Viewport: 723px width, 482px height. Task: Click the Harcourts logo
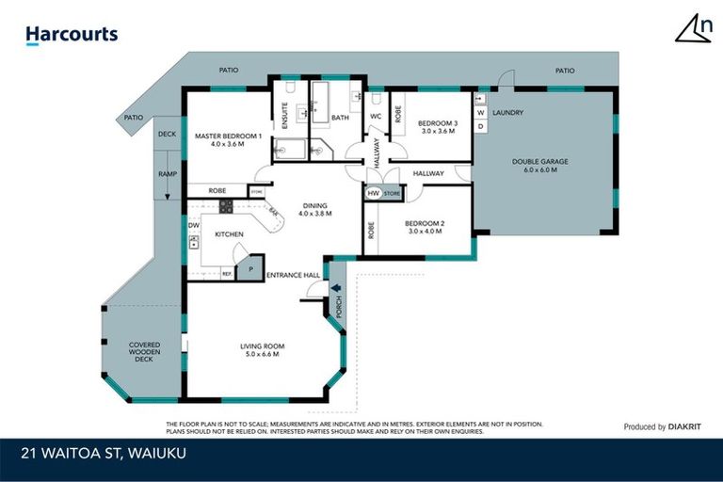(72, 35)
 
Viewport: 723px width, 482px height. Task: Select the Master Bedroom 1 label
(227, 140)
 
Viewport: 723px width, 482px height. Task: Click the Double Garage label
(539, 166)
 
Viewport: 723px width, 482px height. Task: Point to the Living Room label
(262, 351)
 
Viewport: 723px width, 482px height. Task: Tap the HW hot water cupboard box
(374, 193)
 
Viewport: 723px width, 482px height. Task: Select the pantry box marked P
(250, 268)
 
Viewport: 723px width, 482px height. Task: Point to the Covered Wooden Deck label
(144, 352)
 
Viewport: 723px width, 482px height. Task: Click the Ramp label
(167, 174)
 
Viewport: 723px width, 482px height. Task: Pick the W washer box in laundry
(480, 112)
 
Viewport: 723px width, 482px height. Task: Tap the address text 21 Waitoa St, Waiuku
(104, 452)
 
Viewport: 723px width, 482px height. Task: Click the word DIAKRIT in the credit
(688, 426)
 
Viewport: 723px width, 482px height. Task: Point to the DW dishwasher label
(193, 226)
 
